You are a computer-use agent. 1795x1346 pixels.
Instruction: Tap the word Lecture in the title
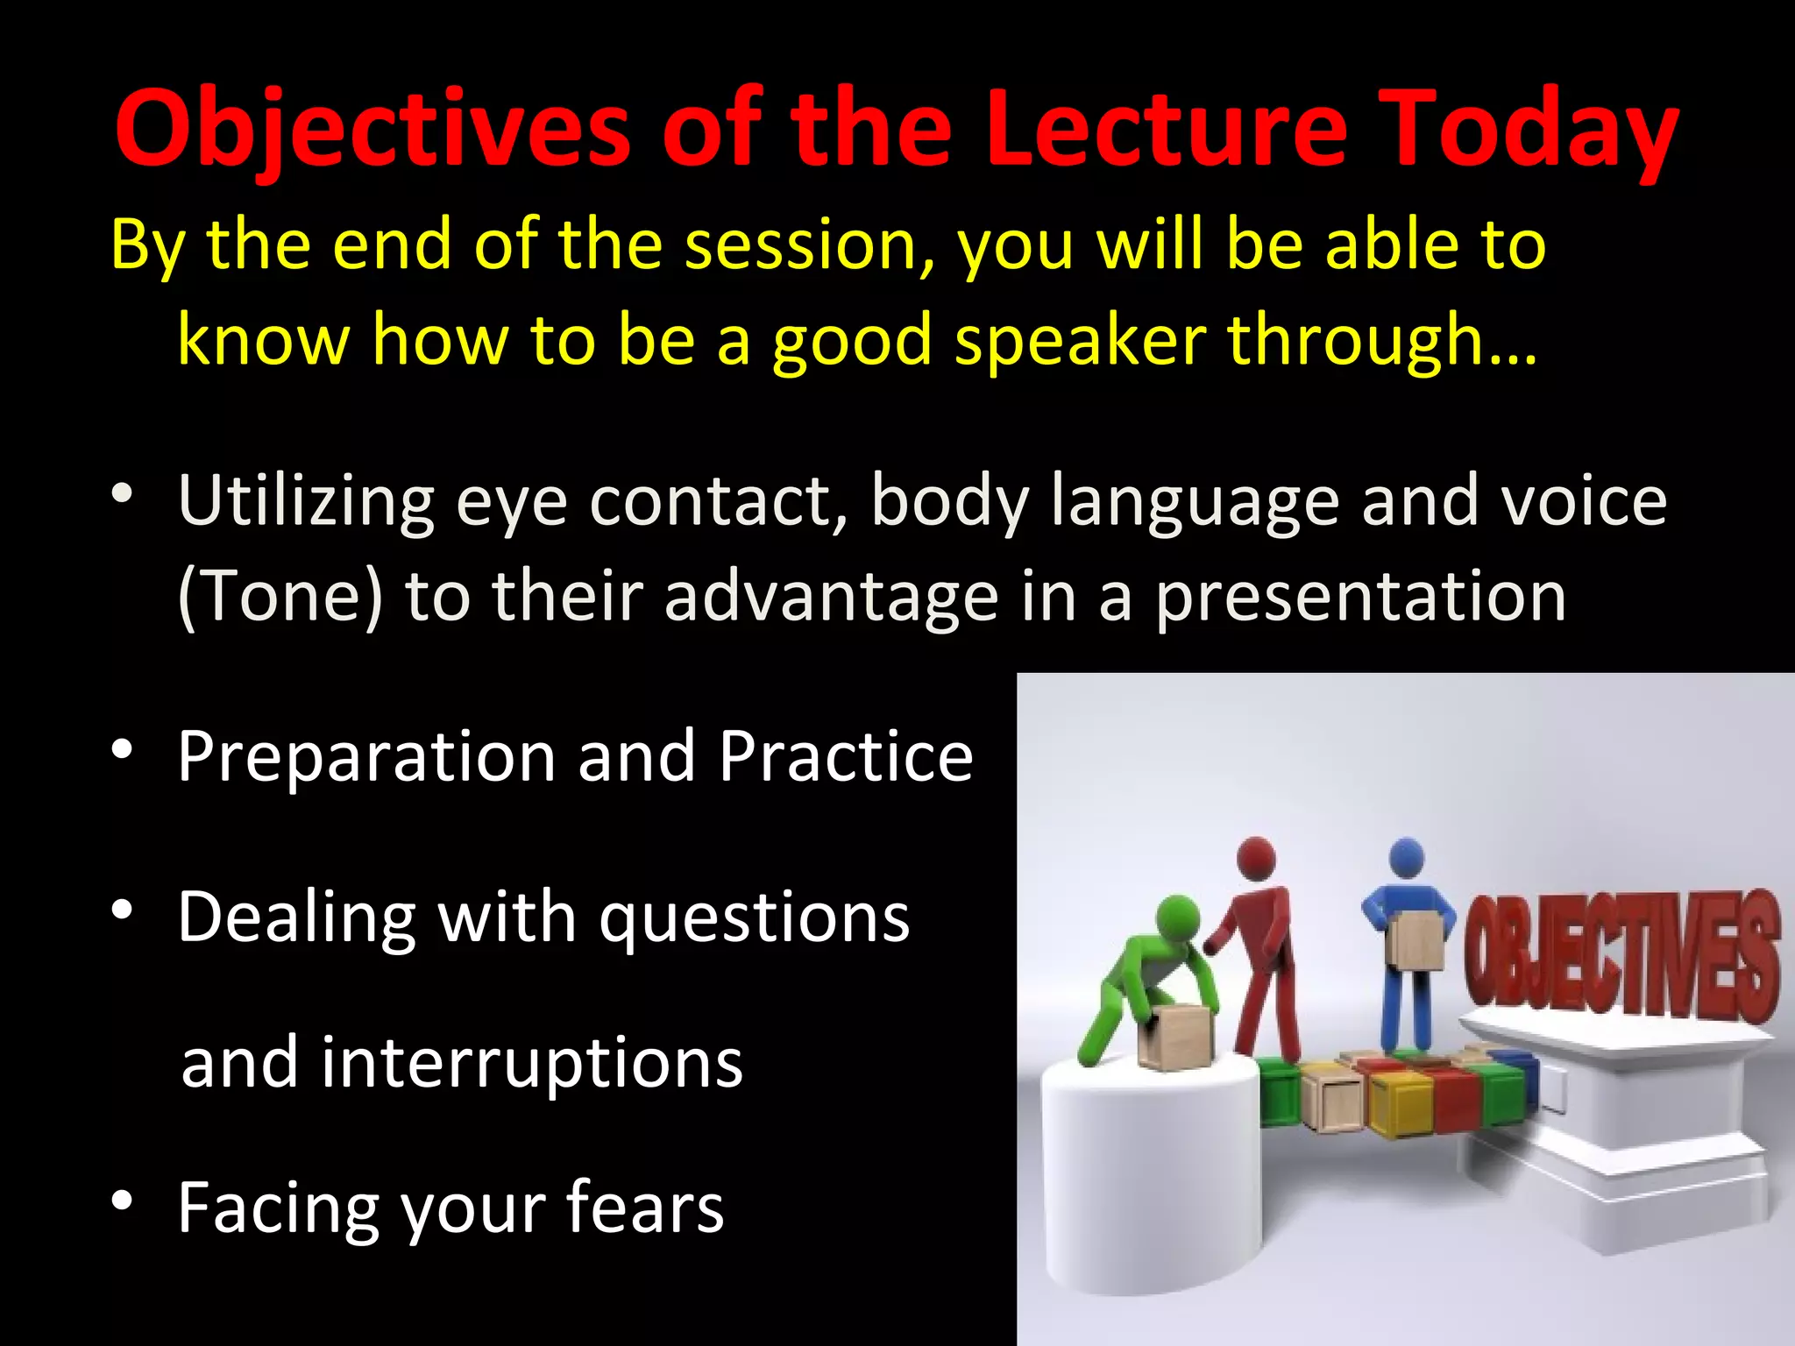[x=1166, y=130]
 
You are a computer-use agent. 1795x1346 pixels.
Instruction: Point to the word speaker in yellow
[x=1080, y=340]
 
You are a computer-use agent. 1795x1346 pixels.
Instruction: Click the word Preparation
[x=366, y=757]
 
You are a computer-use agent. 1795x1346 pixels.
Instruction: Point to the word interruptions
[x=532, y=1062]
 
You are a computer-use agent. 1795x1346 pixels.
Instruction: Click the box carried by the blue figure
[x=1415, y=939]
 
